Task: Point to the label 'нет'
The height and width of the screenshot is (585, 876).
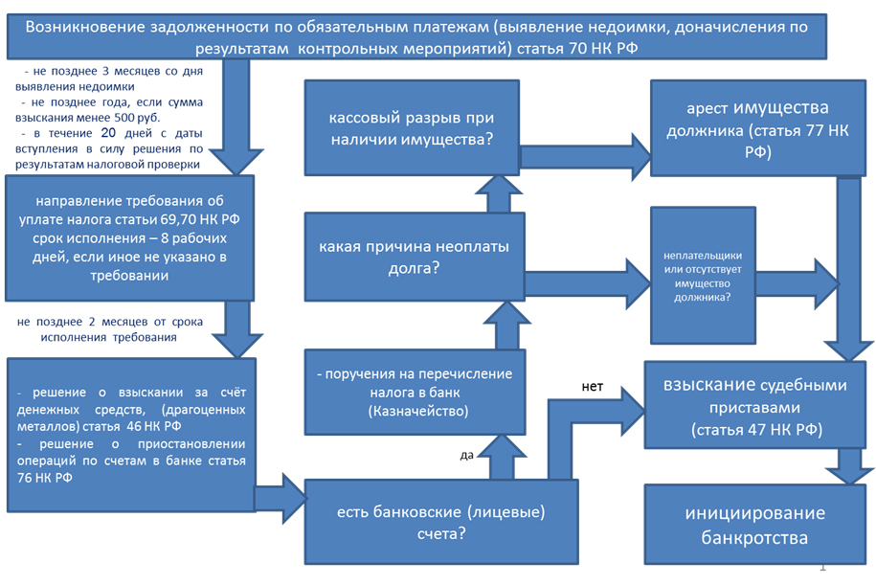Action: pyautogui.click(x=593, y=386)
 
